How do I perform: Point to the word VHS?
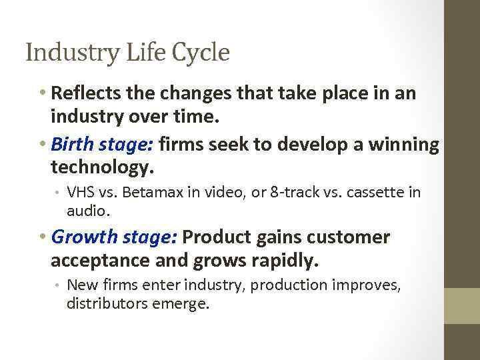click(81, 193)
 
